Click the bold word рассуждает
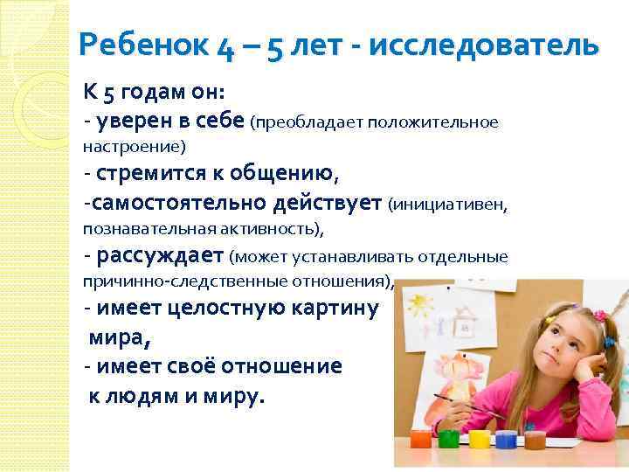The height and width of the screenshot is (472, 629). (161, 256)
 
